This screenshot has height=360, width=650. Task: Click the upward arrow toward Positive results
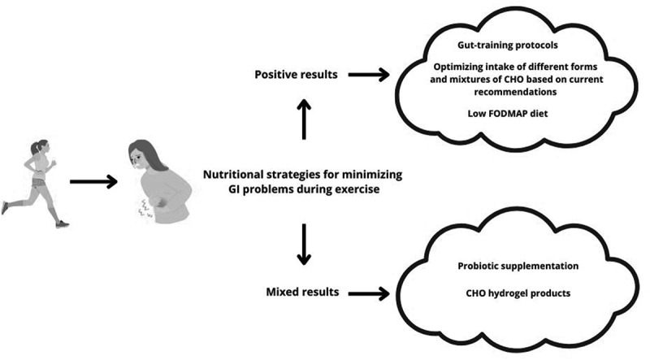304,119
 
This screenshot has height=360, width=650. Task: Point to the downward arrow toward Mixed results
304,244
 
